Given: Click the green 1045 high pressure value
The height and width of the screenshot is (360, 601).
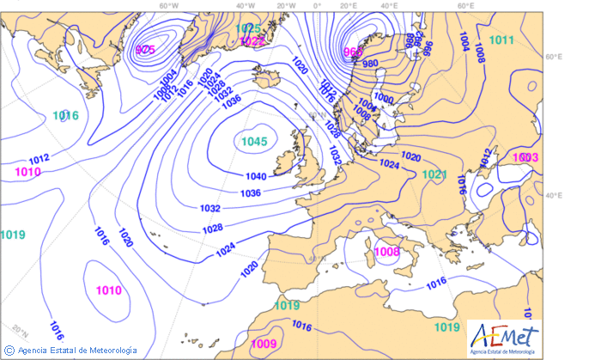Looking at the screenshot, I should [x=253, y=142].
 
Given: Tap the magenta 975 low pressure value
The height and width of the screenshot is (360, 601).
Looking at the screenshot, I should [x=145, y=50].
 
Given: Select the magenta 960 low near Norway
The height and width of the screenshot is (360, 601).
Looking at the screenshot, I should [x=353, y=52].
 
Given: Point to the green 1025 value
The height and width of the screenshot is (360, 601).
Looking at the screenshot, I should [x=249, y=28].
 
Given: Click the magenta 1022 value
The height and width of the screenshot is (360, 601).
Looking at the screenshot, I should [x=252, y=40].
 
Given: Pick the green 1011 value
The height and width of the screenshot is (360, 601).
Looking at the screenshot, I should [x=501, y=40].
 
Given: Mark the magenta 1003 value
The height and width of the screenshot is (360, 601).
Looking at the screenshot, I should [x=525, y=157].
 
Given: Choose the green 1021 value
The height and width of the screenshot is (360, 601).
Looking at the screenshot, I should [x=435, y=174].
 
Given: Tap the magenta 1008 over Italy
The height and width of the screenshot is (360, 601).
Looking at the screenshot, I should [x=388, y=252].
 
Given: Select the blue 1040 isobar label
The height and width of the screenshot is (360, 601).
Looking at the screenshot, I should [x=256, y=176].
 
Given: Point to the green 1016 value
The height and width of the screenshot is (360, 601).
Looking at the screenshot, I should [x=65, y=115].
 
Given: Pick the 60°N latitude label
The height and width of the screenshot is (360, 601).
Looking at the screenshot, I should [x=553, y=57].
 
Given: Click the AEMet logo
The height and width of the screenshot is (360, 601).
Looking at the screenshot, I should [x=505, y=338].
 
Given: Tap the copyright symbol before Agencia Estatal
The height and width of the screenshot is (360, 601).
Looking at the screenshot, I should [x=9, y=350].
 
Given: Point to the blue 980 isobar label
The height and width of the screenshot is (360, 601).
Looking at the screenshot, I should [x=371, y=64].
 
